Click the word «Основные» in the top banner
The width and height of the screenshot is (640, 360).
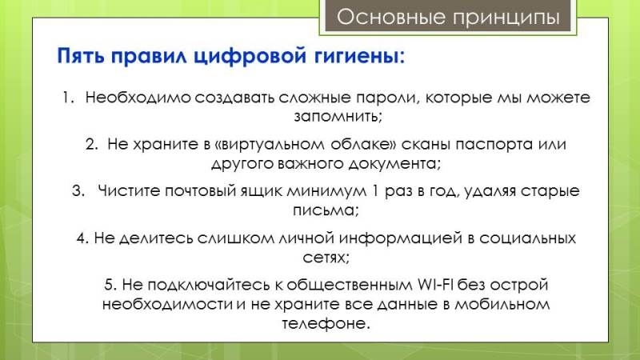pos(391,17)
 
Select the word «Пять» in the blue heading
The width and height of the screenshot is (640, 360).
pos(81,55)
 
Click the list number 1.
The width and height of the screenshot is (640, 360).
pos(68,97)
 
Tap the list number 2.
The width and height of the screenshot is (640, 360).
pos(91,144)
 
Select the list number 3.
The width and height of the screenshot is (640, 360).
pos(78,190)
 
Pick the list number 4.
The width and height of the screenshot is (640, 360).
pos(82,238)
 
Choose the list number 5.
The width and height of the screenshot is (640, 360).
pos(110,285)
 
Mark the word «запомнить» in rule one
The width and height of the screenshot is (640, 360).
pos(338,117)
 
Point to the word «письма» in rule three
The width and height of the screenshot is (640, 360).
pos(326,210)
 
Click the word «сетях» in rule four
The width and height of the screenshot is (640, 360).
pos(326,258)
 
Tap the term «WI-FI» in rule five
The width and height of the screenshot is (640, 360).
pos(435,285)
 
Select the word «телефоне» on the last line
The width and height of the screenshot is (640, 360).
pos(326,324)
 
